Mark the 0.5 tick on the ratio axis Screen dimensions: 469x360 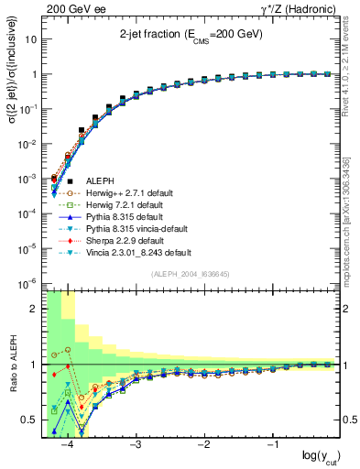33,420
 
